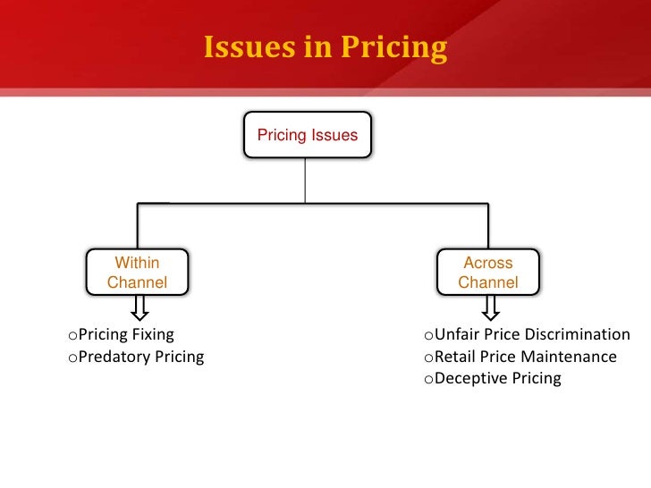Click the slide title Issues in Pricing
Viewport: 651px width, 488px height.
point(325,47)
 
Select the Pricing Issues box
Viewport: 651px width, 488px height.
point(307,135)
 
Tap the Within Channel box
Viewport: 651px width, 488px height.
point(137,273)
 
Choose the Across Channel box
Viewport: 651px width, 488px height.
point(487,273)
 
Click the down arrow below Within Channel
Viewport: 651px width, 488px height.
point(139,308)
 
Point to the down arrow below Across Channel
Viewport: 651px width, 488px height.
point(489,308)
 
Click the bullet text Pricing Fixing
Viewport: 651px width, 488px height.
point(121,334)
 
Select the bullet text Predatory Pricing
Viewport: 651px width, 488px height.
point(135,357)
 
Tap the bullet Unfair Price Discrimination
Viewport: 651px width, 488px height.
point(527,334)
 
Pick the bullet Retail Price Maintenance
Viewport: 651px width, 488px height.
point(520,357)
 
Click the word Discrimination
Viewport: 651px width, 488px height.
point(577,334)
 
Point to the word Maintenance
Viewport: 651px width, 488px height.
point(571,357)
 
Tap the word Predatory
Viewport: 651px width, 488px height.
point(114,357)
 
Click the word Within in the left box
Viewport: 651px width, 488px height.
point(137,263)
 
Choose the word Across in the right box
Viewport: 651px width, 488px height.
point(488,263)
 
